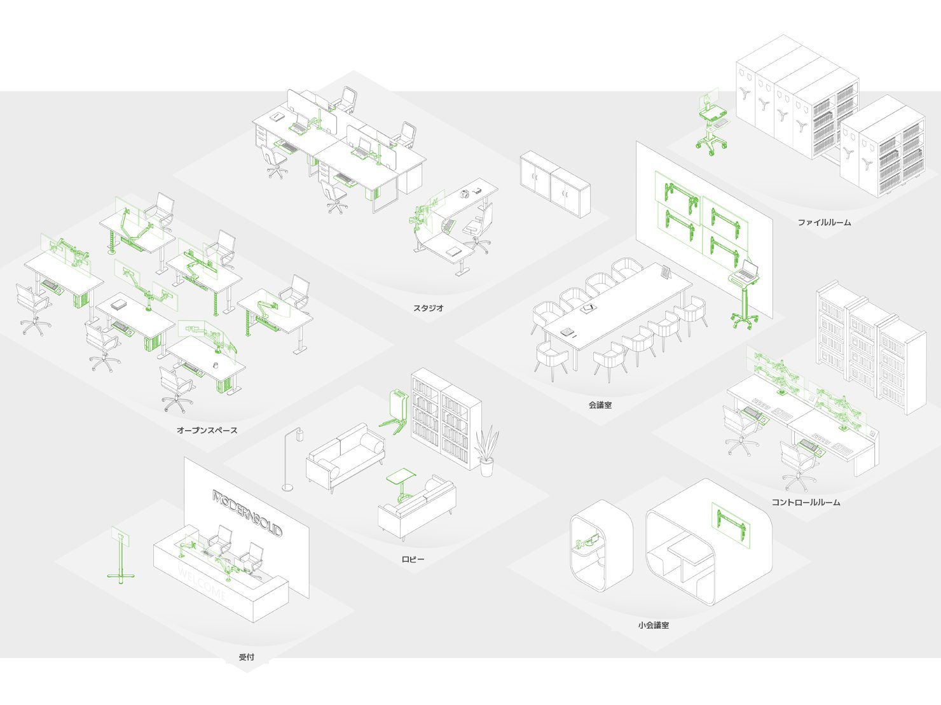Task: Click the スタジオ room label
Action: click(428, 308)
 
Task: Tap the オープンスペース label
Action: click(207, 430)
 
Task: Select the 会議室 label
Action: click(600, 405)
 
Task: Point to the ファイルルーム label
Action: click(825, 222)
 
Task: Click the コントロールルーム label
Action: click(806, 502)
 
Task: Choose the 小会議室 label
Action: click(654, 625)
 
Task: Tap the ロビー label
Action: click(413, 559)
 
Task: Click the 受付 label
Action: click(247, 657)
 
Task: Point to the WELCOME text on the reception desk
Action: click(202, 583)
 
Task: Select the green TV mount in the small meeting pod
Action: click(731, 524)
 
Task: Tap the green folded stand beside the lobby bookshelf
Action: click(394, 412)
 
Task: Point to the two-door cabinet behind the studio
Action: click(555, 184)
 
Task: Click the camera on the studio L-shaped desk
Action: click(464, 194)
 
